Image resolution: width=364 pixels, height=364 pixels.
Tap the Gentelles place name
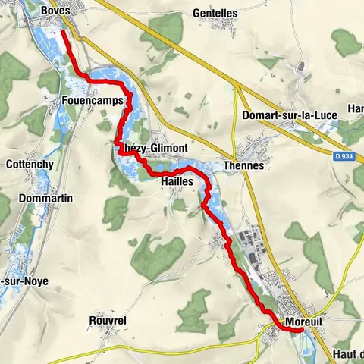215,14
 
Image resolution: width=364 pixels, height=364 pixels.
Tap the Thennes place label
243,166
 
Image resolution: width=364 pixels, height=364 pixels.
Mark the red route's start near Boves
64,32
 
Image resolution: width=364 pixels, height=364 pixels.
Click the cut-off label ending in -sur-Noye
24,281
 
